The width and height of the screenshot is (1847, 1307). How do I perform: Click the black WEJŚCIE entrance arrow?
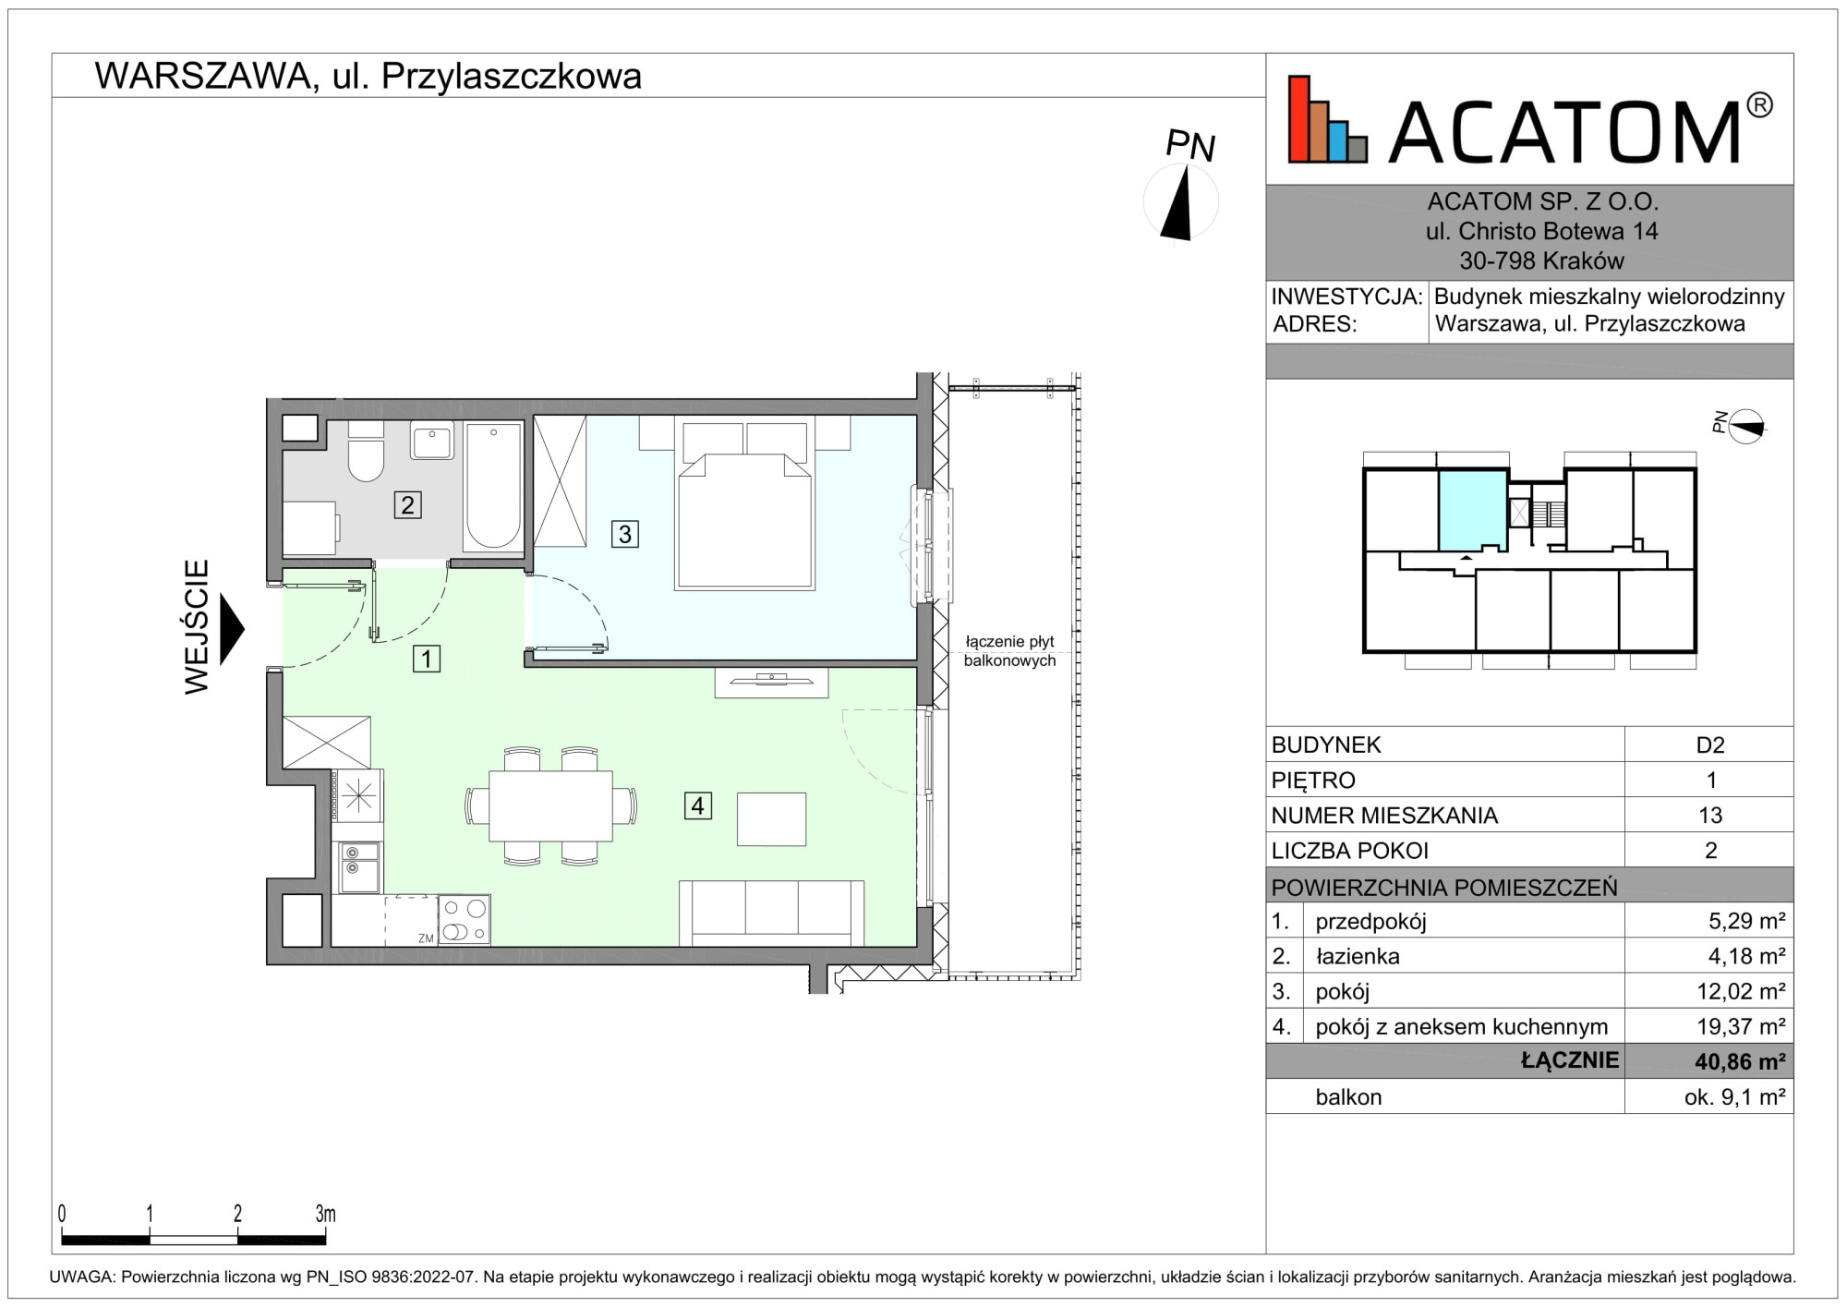[231, 628]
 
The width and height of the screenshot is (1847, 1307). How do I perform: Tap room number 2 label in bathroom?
[407, 504]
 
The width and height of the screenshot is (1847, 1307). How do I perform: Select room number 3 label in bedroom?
[625, 533]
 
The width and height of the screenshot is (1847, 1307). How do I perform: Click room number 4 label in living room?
[697, 805]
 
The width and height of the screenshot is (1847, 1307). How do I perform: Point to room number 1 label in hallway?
[426, 659]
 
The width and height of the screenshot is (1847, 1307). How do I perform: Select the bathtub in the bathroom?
[493, 487]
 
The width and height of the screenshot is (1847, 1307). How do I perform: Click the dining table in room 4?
[550, 805]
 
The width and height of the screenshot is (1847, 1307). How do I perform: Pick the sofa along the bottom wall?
[772, 913]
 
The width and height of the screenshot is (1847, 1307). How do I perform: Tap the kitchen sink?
[358, 866]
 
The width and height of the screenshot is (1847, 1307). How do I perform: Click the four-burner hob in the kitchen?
[464, 919]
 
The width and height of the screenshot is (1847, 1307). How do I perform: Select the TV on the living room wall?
[771, 681]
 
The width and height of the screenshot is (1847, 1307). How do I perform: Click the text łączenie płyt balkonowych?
[1009, 651]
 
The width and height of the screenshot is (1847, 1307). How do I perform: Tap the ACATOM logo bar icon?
[1328, 119]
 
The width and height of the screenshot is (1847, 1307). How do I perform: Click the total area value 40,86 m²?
[1740, 1061]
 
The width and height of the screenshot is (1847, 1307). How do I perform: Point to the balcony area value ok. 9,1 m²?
[1734, 1096]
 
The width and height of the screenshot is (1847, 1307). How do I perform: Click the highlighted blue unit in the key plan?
[1473, 511]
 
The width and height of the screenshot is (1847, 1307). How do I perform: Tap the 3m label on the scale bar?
[325, 1213]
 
